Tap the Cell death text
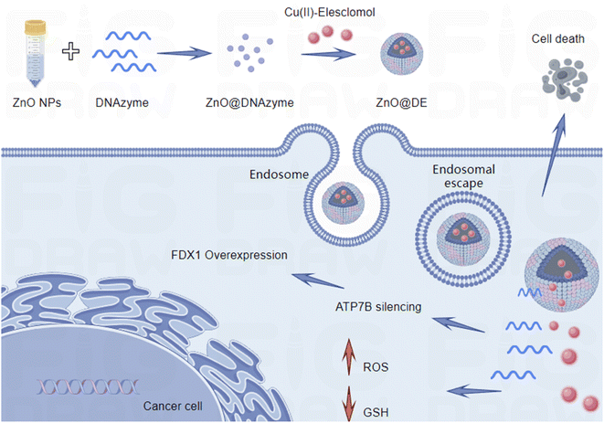pyautogui.click(x=556, y=38)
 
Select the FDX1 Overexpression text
pyautogui.click(x=229, y=254)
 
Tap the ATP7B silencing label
pyautogui.click(x=378, y=307)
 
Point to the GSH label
pyautogui.click(x=376, y=413)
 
